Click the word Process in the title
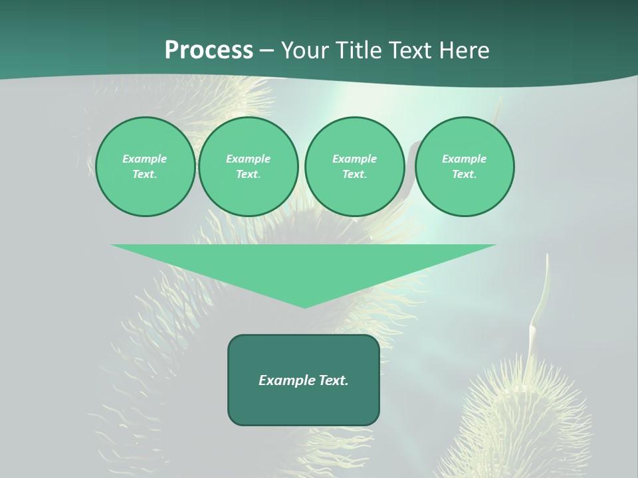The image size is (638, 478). (209, 50)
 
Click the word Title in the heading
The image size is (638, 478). (360, 50)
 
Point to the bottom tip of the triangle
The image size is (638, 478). (304, 306)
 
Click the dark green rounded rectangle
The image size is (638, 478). (304, 405)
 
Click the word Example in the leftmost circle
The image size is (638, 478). (145, 159)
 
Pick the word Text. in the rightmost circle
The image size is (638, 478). (465, 175)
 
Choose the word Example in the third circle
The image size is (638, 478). (354, 159)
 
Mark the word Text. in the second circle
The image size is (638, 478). (249, 175)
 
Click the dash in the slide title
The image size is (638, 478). (266, 50)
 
